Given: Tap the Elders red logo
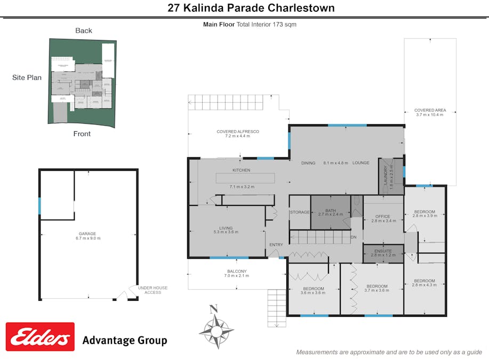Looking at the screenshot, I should [40, 337].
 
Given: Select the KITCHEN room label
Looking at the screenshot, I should [241, 170].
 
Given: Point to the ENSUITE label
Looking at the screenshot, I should [383, 251].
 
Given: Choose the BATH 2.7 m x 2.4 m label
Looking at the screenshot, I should [331, 213].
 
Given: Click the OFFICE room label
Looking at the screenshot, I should [383, 218].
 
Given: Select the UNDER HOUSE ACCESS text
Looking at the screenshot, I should [153, 290].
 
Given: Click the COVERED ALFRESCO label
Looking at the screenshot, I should [238, 133].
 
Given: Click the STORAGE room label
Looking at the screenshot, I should [300, 212].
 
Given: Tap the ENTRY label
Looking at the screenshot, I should [276, 245].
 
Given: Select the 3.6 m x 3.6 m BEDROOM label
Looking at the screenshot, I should [313, 291].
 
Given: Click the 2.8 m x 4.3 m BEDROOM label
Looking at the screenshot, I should [424, 283].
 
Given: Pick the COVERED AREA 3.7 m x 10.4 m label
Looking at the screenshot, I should [430, 113].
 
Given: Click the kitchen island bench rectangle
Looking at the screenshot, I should [245, 178].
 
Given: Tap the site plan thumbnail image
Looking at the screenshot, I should [83, 81].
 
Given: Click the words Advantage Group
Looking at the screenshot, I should [124, 340].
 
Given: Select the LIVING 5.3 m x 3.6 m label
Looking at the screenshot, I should [226, 230].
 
